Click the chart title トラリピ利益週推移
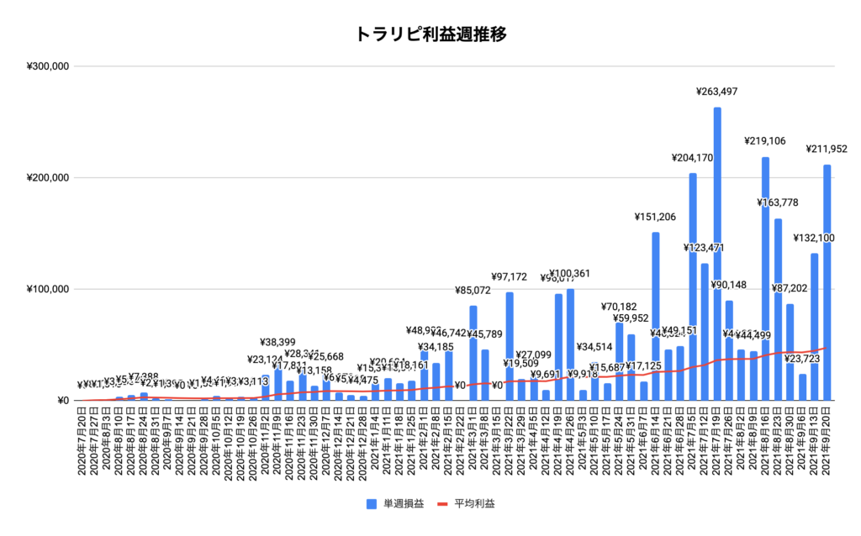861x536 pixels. [430, 34]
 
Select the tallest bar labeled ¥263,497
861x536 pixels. [717, 252]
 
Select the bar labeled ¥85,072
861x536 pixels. [473, 353]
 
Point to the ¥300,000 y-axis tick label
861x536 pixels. [47, 66]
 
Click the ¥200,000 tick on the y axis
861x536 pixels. [47, 178]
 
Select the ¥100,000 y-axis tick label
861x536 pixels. [47, 290]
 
